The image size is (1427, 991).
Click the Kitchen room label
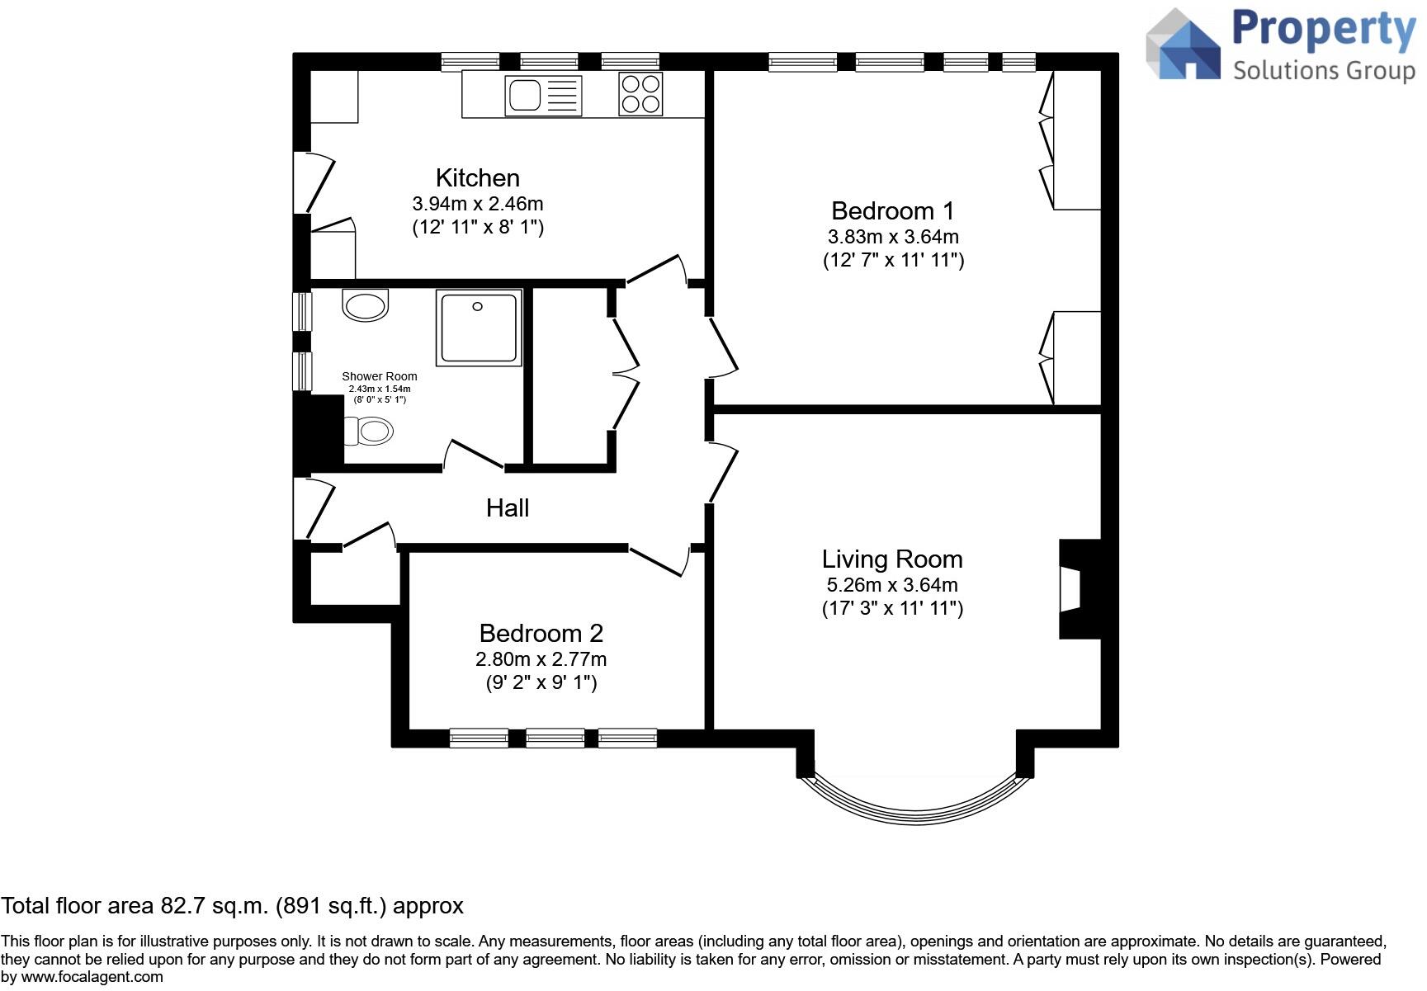(x=477, y=177)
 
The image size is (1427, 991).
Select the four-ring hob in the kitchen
(x=640, y=94)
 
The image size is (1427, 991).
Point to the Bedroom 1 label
(x=893, y=210)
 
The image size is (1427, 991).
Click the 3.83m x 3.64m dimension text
(x=893, y=237)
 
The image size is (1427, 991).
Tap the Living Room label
(x=892, y=559)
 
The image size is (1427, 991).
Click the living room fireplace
(x=1080, y=589)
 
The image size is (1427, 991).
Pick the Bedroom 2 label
(x=541, y=633)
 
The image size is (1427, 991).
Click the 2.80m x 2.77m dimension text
(x=541, y=659)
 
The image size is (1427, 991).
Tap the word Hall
(x=507, y=507)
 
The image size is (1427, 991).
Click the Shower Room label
(x=380, y=376)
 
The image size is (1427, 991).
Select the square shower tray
(x=479, y=327)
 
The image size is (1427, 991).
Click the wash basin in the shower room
(x=365, y=305)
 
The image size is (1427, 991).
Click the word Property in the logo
(x=1324, y=31)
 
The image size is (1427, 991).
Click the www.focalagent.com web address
(x=92, y=978)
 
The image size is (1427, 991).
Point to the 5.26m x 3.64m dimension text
(x=892, y=585)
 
